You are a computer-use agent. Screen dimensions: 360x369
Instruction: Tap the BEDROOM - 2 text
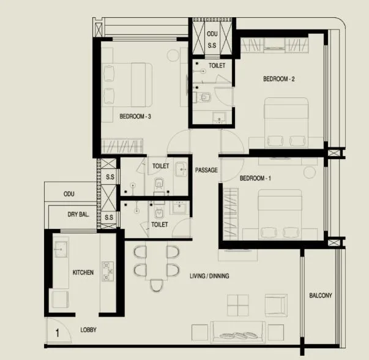279,79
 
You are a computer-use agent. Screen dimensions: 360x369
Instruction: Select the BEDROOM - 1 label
255,178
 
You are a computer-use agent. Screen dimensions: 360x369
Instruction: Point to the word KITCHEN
83,272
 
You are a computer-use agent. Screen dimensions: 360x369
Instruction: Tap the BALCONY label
320,296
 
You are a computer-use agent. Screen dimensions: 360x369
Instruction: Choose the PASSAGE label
206,170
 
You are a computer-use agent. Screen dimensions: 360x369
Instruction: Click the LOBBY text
89,330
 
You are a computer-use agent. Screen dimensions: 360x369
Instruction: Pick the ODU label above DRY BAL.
69,194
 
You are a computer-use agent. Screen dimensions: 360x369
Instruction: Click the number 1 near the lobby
56,333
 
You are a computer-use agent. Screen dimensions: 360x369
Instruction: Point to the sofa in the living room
238,331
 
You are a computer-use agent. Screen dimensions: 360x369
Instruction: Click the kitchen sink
61,248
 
